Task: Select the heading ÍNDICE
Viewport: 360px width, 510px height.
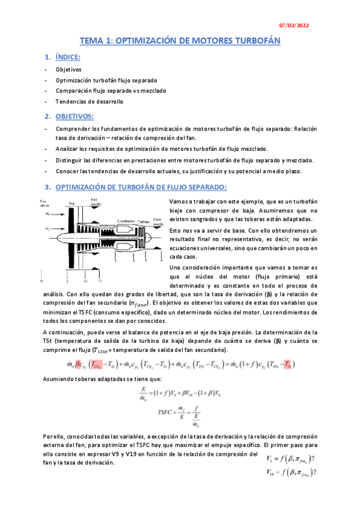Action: (x=67, y=57)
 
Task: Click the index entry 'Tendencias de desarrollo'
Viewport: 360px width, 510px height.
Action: (x=81, y=102)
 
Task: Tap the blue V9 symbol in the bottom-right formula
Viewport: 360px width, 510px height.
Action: (x=270, y=458)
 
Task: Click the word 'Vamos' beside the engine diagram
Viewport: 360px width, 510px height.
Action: (x=180, y=201)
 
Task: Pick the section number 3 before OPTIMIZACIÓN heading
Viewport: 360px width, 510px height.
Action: (x=47, y=187)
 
